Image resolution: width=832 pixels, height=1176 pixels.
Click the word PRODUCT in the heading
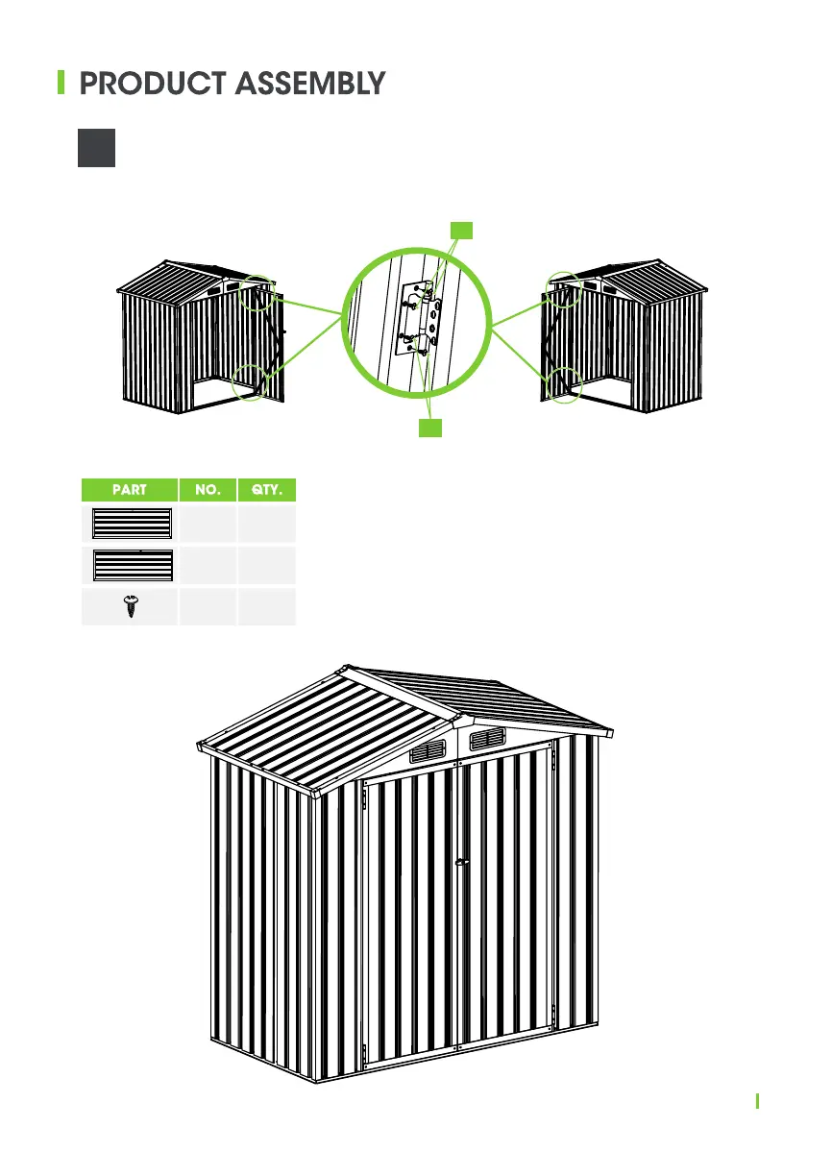[x=148, y=84]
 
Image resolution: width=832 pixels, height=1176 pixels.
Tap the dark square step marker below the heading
[x=97, y=148]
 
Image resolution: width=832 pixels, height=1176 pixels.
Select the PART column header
[x=129, y=489]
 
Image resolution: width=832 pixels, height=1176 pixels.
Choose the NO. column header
[x=208, y=489]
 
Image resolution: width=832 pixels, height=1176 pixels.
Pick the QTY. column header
[x=267, y=489]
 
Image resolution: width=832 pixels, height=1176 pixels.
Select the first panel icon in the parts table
[x=131, y=524]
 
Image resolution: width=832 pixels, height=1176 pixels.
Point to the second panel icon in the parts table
[x=131, y=566]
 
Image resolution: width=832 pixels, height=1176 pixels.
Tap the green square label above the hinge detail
[x=462, y=229]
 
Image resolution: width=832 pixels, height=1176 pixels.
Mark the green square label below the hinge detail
[x=431, y=428]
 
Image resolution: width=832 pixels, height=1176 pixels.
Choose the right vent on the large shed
[x=488, y=738]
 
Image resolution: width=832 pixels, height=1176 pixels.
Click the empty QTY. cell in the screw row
[x=267, y=607]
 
